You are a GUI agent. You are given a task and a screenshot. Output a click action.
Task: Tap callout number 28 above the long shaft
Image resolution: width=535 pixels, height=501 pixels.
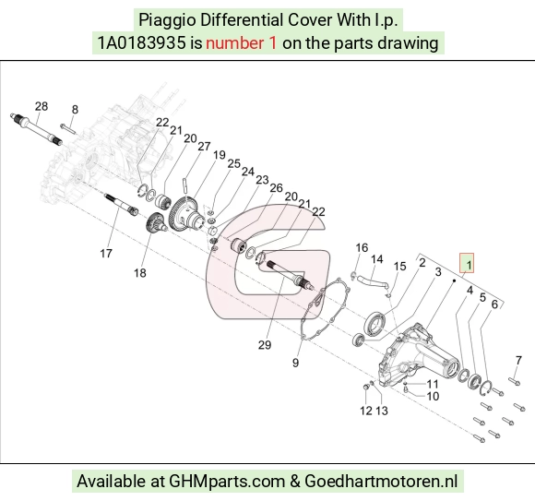(x=42, y=106)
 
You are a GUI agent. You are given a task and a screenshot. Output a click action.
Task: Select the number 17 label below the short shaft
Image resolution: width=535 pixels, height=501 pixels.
(x=106, y=253)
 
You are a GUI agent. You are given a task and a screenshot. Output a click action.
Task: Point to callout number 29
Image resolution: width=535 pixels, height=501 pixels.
(x=265, y=345)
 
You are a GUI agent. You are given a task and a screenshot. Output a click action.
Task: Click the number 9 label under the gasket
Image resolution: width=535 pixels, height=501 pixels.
(x=295, y=363)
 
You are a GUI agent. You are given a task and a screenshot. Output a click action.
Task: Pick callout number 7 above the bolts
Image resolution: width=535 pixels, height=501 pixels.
(x=518, y=360)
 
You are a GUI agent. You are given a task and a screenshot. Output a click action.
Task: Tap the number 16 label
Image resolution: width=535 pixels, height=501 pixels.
(x=362, y=247)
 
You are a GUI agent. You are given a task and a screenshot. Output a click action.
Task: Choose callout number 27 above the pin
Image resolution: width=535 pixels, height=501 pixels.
(x=204, y=146)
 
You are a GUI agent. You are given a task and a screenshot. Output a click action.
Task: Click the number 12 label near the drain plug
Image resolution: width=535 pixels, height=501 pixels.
(x=366, y=411)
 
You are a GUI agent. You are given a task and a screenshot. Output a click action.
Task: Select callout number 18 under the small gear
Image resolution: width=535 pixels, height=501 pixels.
(x=140, y=273)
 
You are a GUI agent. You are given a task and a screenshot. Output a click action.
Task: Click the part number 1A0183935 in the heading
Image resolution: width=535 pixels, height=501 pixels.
(x=142, y=43)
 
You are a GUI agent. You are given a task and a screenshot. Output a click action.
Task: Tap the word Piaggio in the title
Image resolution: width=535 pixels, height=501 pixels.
(x=167, y=19)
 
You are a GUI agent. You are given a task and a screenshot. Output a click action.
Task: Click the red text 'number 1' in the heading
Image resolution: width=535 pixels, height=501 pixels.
(x=241, y=43)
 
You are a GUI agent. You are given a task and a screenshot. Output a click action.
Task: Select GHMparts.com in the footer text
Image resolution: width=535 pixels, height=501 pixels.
(x=227, y=482)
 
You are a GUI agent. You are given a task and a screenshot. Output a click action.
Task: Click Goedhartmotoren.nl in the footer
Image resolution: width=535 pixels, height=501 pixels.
(x=381, y=482)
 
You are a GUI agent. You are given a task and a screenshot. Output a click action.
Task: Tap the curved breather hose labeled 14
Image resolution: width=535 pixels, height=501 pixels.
(x=372, y=282)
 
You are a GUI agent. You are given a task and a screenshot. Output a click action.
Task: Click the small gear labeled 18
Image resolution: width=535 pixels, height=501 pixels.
(x=156, y=223)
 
